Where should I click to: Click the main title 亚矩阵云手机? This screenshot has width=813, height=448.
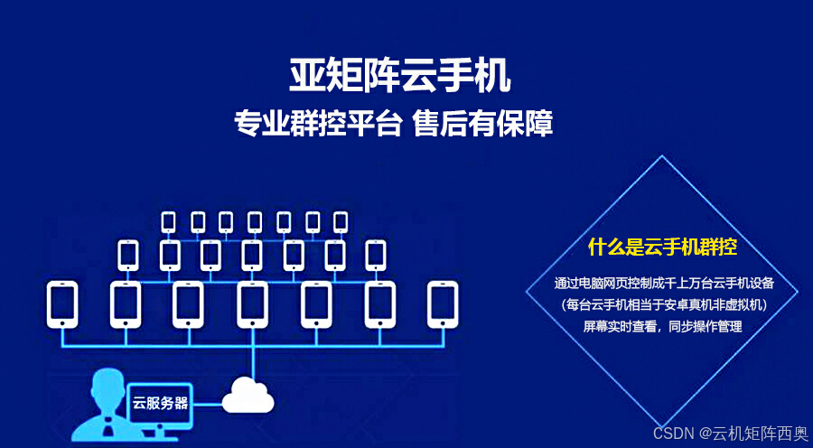[400, 75]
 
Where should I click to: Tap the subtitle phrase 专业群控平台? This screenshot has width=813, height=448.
[318, 125]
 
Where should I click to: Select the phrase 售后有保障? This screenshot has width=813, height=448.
[482, 125]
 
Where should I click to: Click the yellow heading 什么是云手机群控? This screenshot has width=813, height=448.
[663, 247]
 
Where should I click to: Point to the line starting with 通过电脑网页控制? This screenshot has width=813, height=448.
[664, 284]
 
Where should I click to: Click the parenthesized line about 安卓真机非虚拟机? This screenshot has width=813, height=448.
[664, 305]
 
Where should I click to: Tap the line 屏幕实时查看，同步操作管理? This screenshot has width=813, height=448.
[663, 327]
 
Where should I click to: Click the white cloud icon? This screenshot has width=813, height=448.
[248, 395]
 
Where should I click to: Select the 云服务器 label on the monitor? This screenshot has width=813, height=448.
[160, 403]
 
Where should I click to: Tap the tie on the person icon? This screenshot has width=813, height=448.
[107, 427]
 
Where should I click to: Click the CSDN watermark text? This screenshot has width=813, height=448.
[731, 433]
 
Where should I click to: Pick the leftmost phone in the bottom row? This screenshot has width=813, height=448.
[62, 304]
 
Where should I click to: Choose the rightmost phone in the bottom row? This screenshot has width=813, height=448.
[443, 304]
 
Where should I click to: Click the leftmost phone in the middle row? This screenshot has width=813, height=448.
[128, 255]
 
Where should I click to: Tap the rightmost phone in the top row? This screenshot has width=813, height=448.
[341, 222]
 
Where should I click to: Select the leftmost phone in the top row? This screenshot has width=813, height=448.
[169, 222]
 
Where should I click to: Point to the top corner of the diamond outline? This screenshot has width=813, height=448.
[662, 155]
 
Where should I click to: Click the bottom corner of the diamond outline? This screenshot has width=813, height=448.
[662, 427]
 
